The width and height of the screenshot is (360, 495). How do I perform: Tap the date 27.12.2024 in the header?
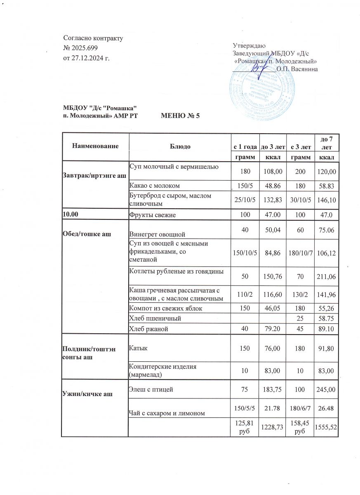(86, 57)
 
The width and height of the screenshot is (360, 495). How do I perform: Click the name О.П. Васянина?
(297, 68)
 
